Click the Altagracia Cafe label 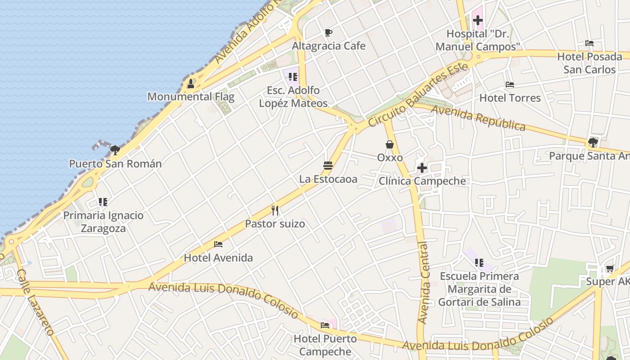[x=328, y=46]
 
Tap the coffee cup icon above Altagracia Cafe [x=328, y=32]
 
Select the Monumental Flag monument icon [x=191, y=83]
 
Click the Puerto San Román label [x=115, y=163]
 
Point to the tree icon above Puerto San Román [x=115, y=150]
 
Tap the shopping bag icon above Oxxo [x=390, y=144]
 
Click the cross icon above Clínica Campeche [x=422, y=168]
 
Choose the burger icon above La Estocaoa [x=328, y=166]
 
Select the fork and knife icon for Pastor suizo [x=275, y=210]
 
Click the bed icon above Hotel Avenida [x=218, y=244]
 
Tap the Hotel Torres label [x=510, y=98]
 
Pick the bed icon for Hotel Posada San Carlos [x=589, y=43]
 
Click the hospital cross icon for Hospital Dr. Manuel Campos [x=477, y=20]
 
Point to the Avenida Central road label [x=423, y=283]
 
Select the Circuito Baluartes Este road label [x=418, y=95]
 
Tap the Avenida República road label [x=478, y=118]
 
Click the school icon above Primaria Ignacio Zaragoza [x=103, y=202]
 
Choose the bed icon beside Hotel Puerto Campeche [x=325, y=325]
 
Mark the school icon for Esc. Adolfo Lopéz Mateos [x=293, y=77]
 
